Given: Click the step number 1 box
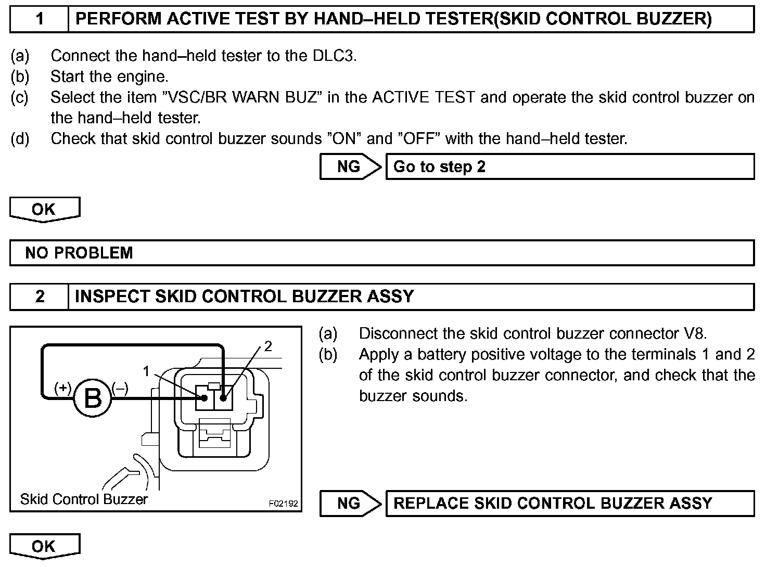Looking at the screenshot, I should (x=40, y=19).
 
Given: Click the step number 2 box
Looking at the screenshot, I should (x=40, y=297).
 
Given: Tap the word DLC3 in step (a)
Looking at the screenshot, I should (x=334, y=56).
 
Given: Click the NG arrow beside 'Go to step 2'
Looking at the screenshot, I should (x=350, y=166).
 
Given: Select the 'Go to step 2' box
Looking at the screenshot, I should (x=569, y=166).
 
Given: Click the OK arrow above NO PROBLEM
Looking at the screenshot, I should (x=44, y=209).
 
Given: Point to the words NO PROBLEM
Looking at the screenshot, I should (x=79, y=253).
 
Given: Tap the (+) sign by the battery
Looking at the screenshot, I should (x=63, y=388).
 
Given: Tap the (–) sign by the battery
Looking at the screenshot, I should (x=120, y=388).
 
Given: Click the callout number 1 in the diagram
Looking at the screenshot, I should (x=147, y=371).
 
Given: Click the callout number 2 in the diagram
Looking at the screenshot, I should (x=268, y=346).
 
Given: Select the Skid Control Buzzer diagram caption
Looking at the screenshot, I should (x=84, y=499).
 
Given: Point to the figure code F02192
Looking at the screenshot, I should (x=283, y=504).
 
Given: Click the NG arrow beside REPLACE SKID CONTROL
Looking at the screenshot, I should (x=350, y=503).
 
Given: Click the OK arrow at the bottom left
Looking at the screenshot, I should (x=44, y=546).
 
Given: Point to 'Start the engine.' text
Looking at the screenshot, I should (x=109, y=76).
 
